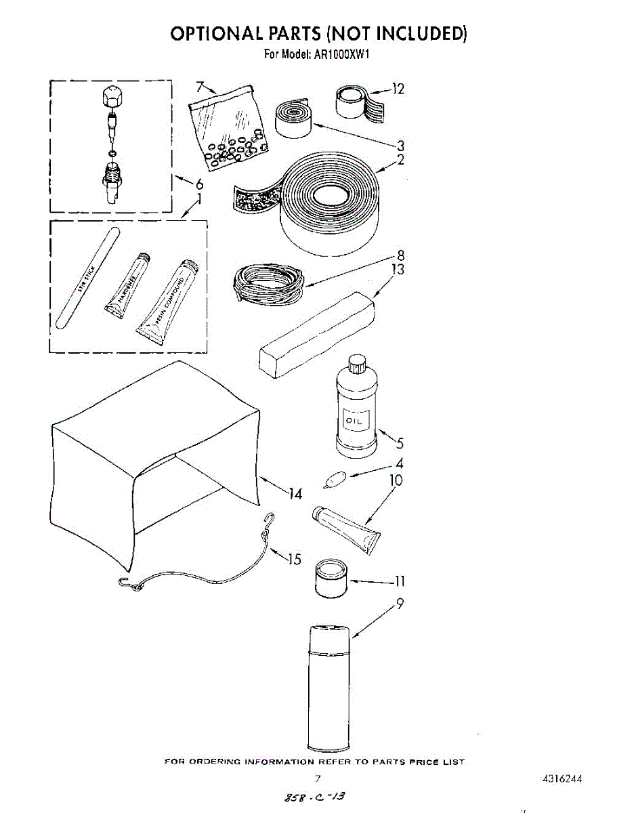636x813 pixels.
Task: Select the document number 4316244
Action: click(x=562, y=779)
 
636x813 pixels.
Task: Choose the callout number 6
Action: click(x=199, y=184)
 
